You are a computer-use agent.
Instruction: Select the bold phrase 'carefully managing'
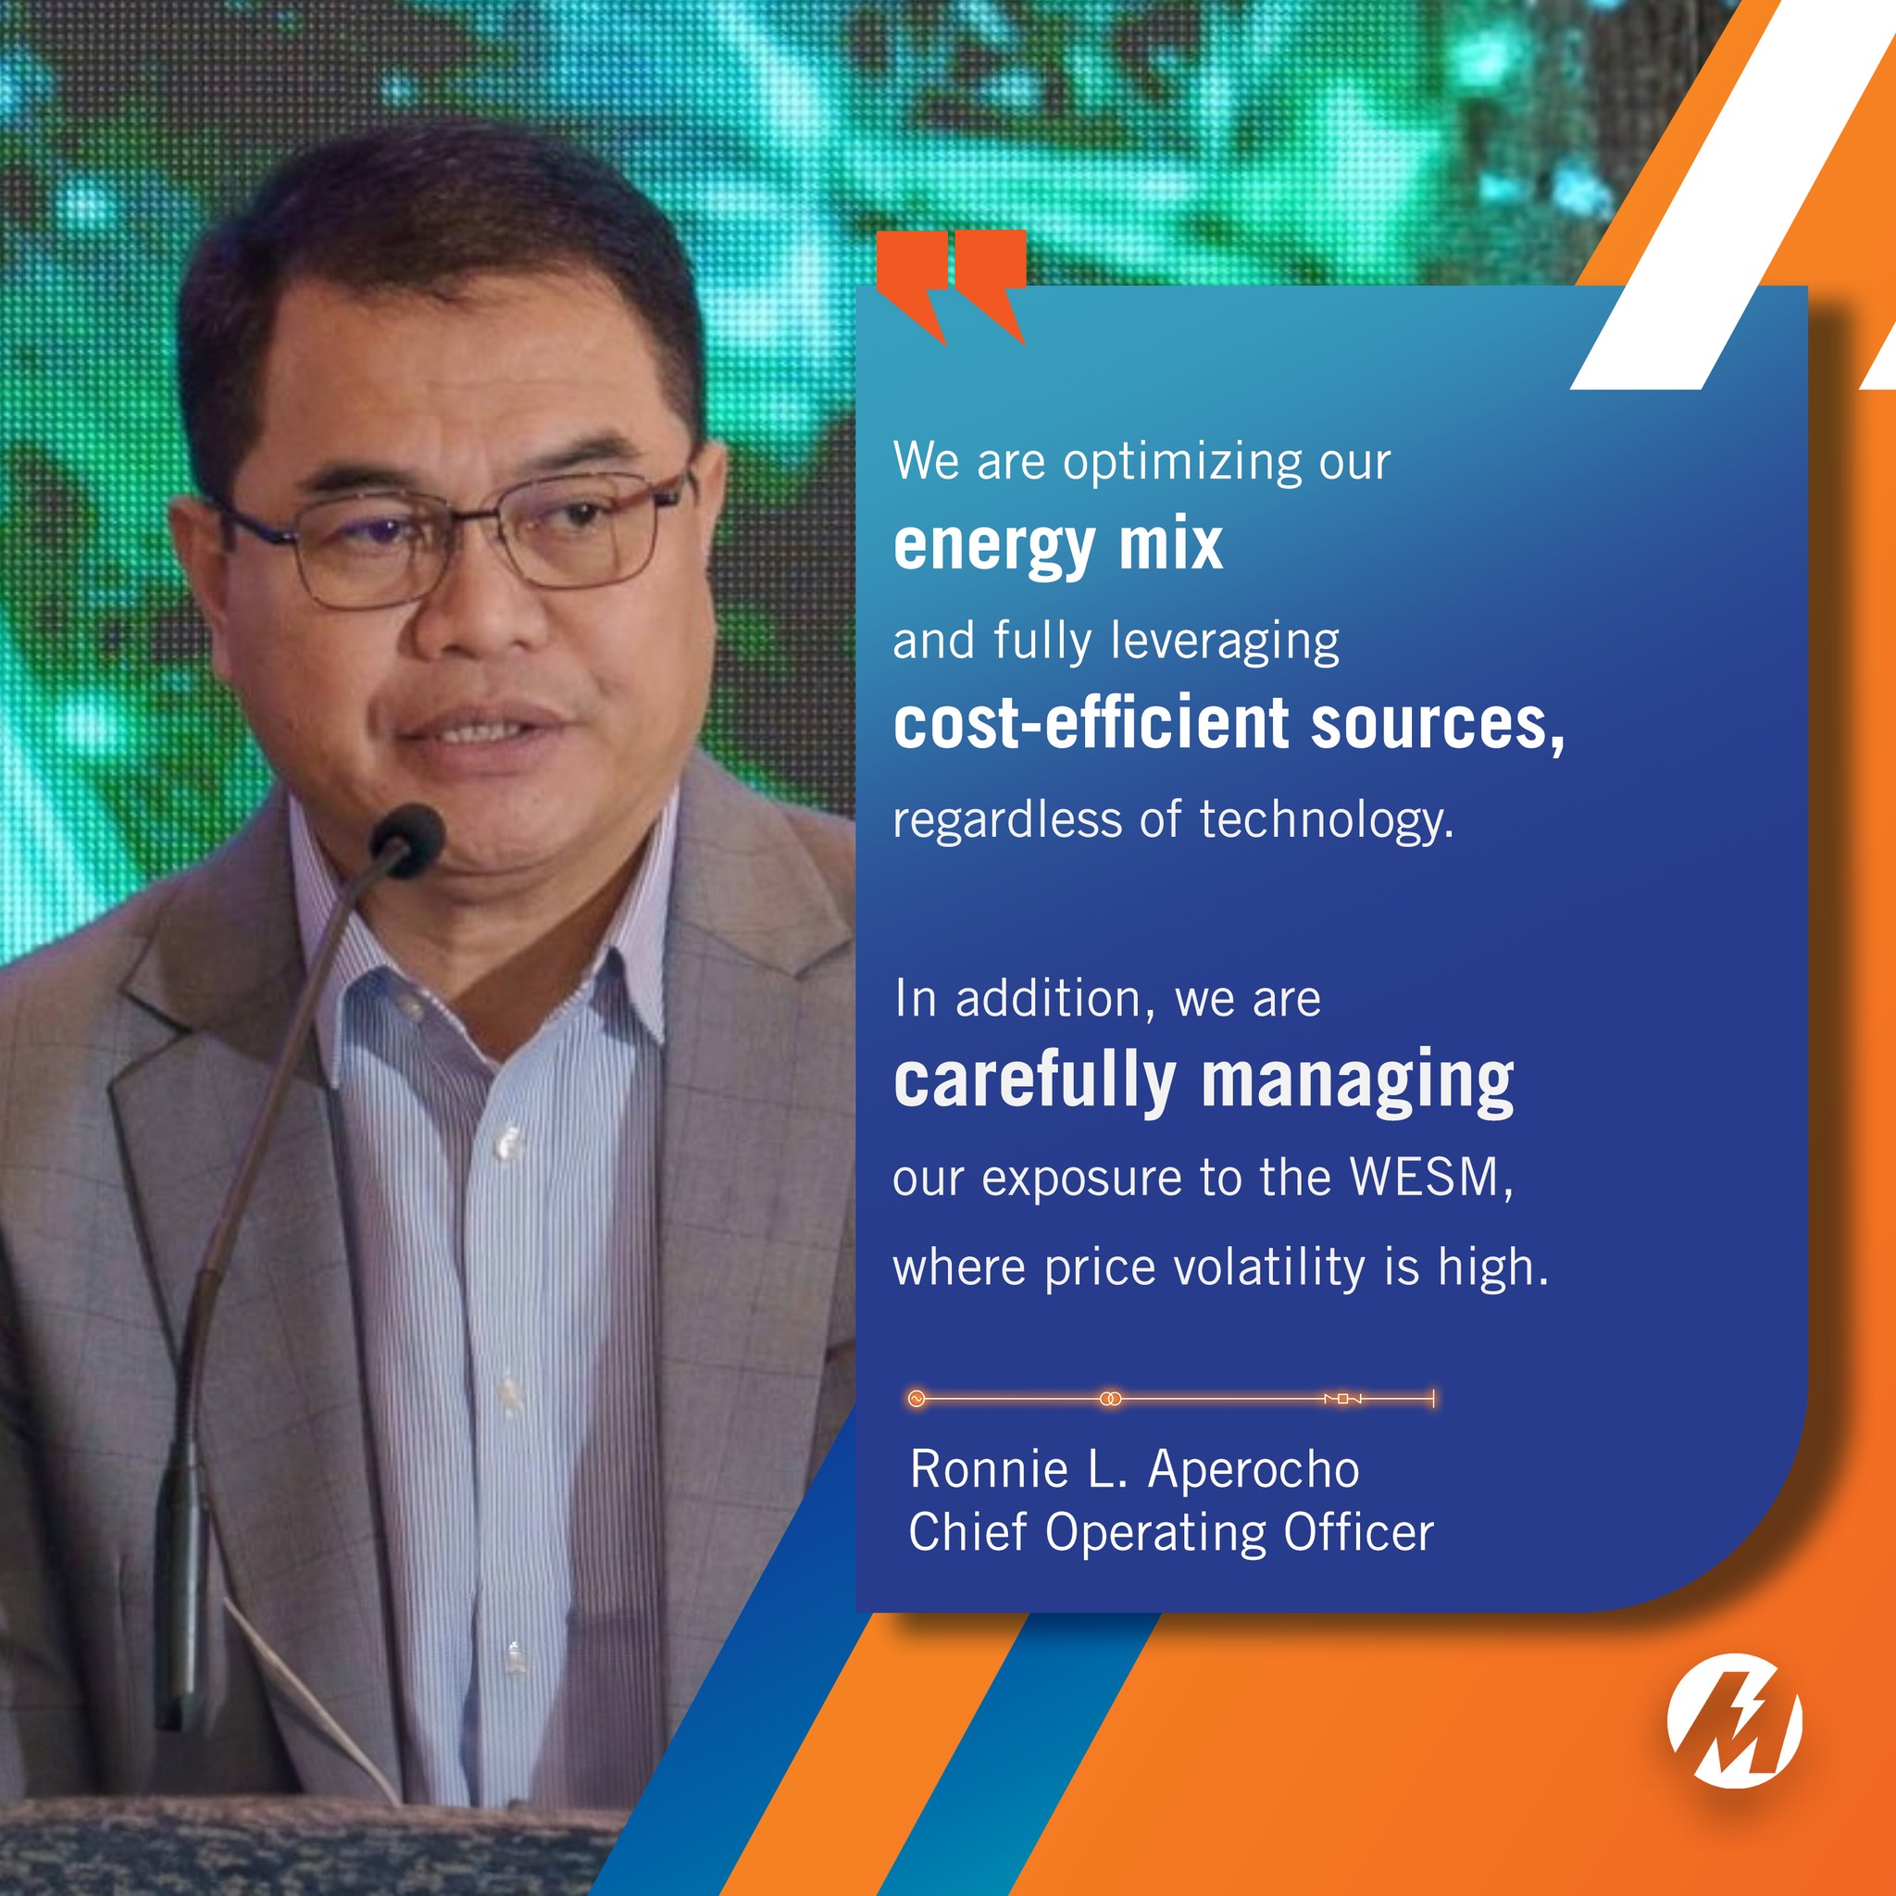(1204, 1081)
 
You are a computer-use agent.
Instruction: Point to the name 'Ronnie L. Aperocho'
(1134, 1469)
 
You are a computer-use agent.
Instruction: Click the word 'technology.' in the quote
(1327, 819)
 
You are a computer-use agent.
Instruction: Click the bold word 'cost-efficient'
(1090, 723)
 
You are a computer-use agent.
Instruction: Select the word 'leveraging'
(1225, 642)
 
